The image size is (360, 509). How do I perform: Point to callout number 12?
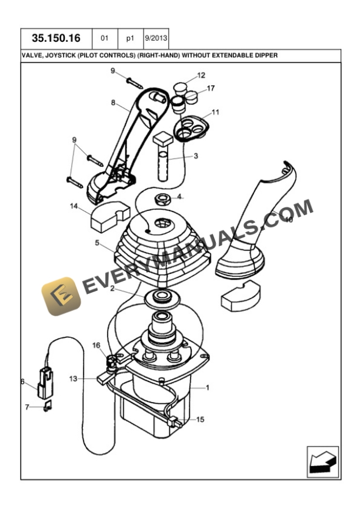coord(201,75)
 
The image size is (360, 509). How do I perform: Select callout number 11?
coord(215,112)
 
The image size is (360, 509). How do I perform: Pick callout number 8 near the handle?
coord(113,102)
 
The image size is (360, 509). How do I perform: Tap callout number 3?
coord(196,156)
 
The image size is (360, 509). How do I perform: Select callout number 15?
coord(200,419)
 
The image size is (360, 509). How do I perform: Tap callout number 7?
coord(26,406)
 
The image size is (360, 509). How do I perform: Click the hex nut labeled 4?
coord(161,198)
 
